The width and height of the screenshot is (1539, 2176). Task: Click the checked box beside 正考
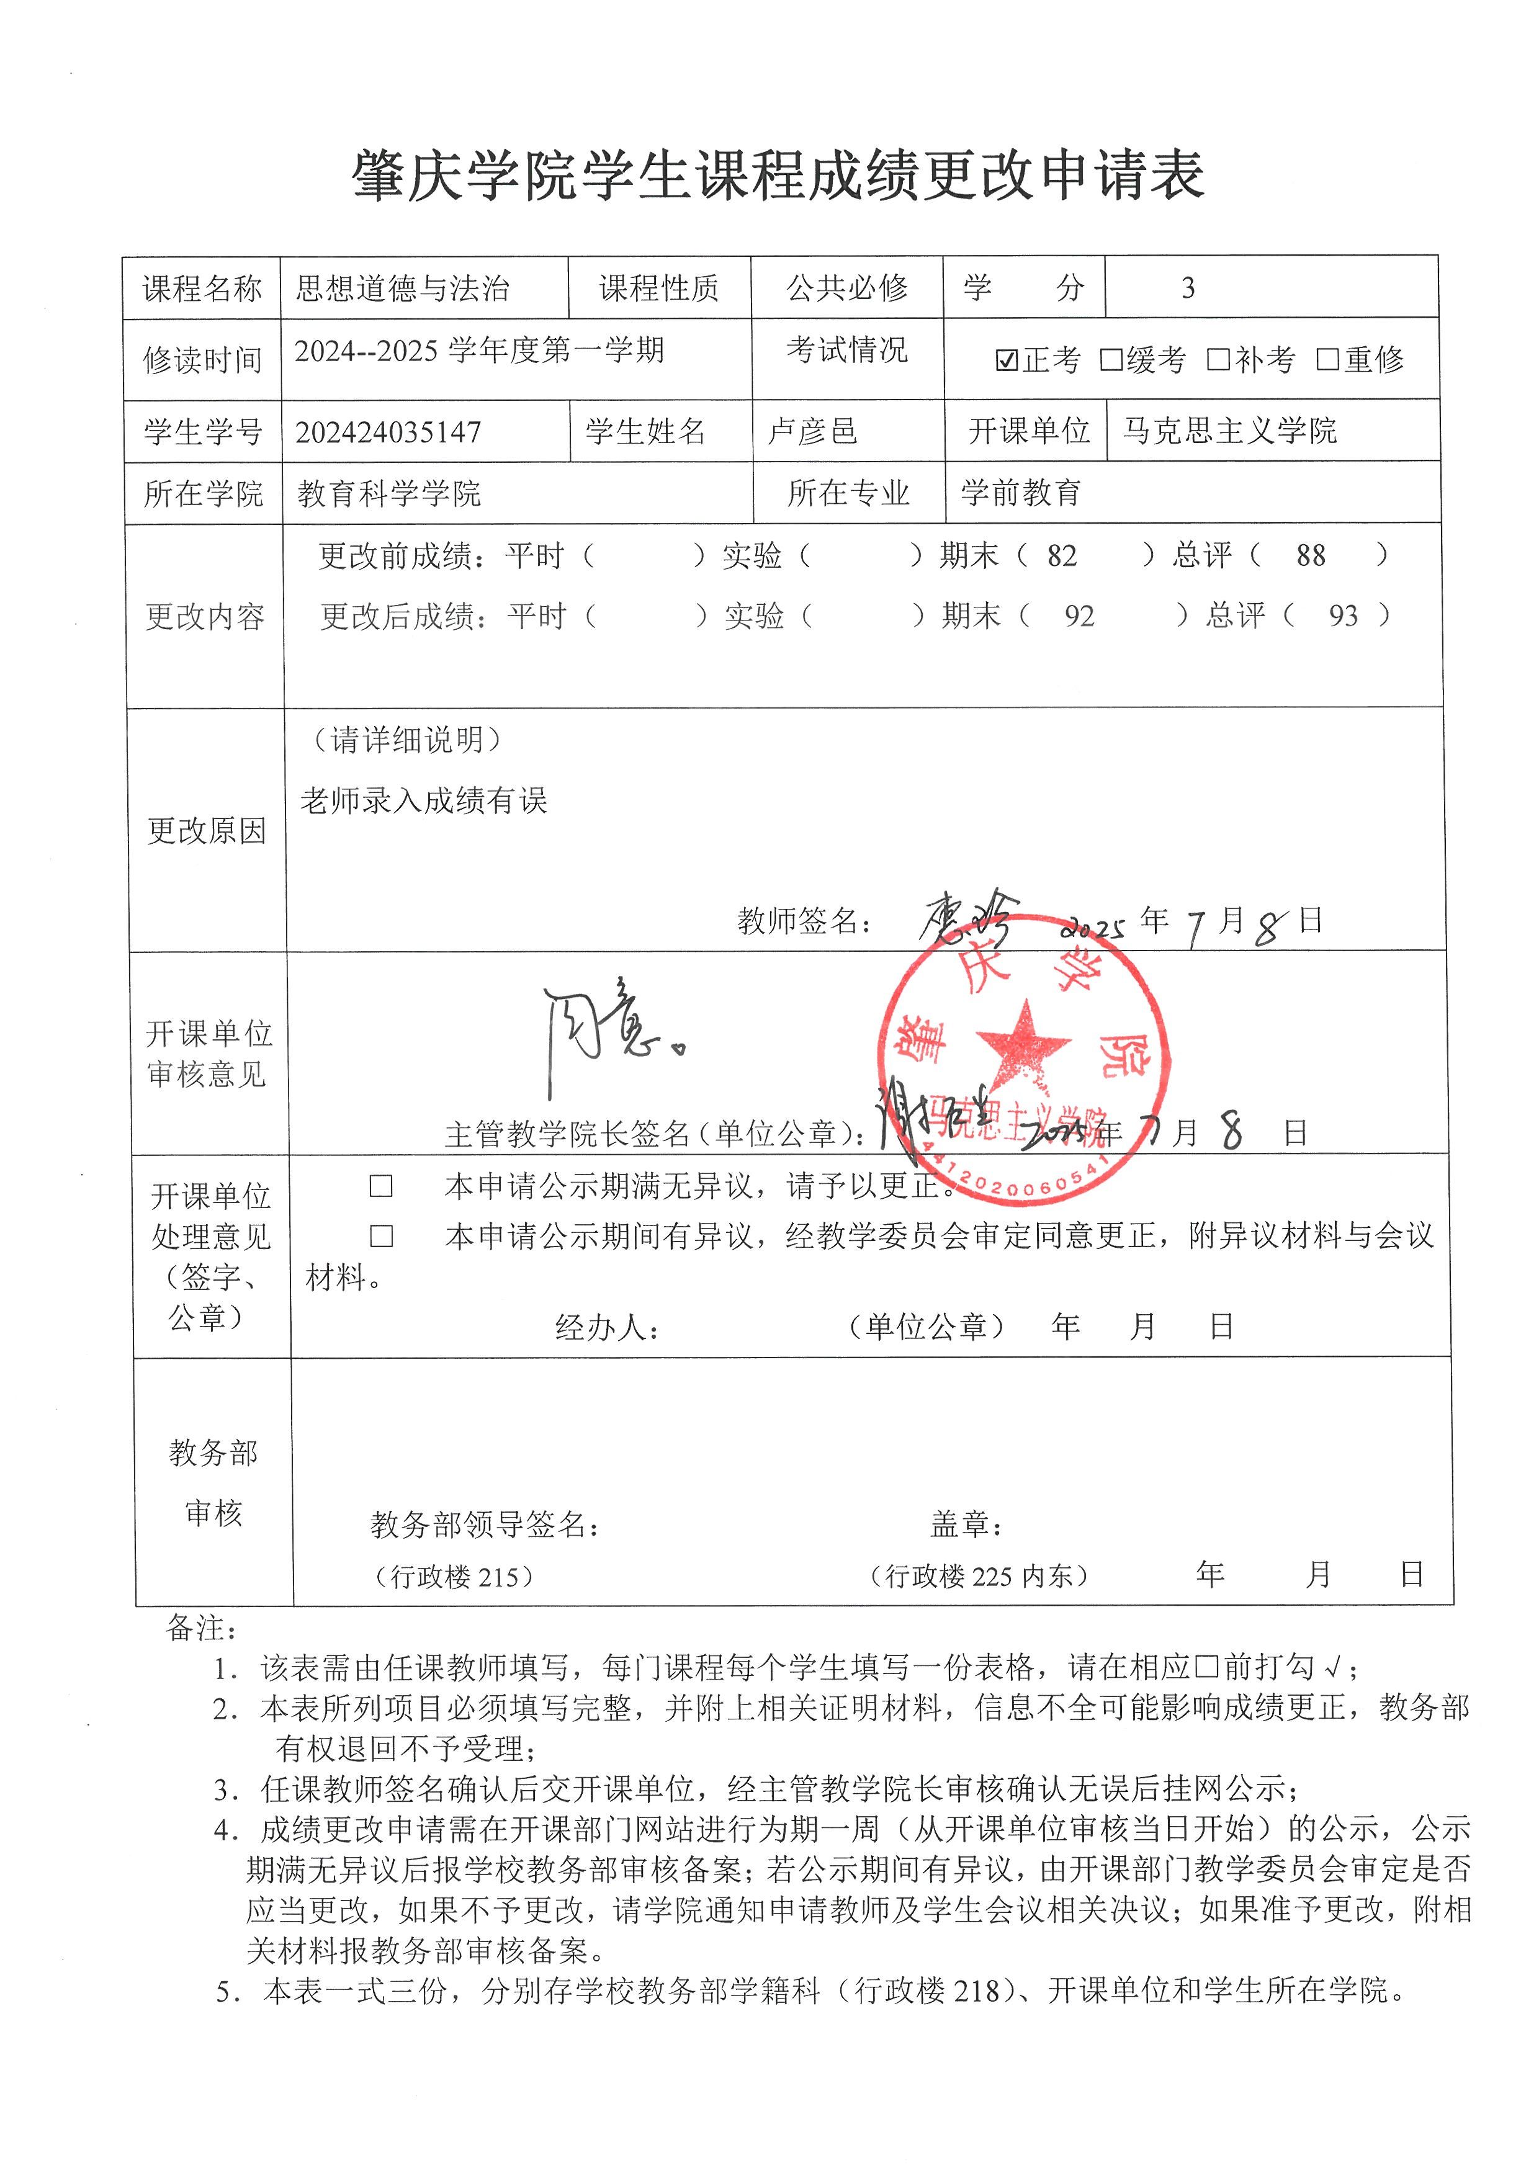pos(1007,360)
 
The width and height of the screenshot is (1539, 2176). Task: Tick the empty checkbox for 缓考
pos(1111,360)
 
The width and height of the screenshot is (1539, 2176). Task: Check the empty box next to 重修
pos(1327,360)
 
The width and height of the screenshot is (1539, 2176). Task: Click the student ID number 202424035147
pos(388,433)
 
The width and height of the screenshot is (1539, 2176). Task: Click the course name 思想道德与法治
pos(403,288)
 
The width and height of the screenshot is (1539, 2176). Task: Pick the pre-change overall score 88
pos(1311,557)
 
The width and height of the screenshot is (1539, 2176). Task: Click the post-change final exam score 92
pos(1079,617)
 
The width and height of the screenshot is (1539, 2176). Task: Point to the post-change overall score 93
pos(1343,617)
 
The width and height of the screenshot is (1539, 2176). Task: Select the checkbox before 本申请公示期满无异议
pos(381,1186)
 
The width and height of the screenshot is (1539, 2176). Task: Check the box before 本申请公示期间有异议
pos(381,1236)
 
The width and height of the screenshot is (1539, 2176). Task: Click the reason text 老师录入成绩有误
pos(424,802)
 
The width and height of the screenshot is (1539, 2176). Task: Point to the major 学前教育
pos(1021,493)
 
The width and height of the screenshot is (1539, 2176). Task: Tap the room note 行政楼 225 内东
pos(978,1576)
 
